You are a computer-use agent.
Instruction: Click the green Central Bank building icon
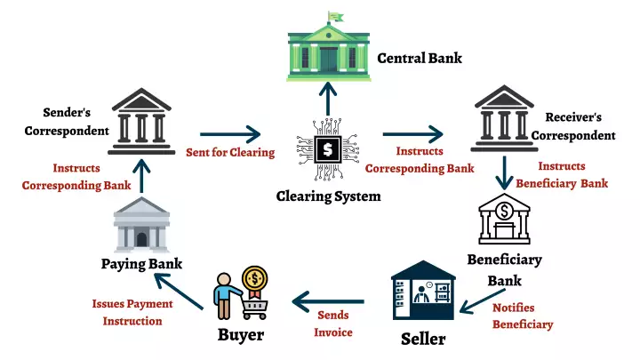pos(329,51)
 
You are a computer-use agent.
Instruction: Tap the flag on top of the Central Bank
pos(336,16)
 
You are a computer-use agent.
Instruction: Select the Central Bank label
pos(420,59)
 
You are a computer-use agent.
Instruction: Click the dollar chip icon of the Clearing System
pos(328,149)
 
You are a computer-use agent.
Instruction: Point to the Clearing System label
pos(329,196)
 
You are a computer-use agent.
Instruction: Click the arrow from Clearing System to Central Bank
pos(328,100)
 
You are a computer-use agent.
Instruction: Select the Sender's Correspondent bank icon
pos(141,122)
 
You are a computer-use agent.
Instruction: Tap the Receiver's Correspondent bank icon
pos(505,118)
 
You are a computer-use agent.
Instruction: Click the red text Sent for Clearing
pos(230,153)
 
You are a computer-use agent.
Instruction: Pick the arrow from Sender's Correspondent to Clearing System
pos(230,134)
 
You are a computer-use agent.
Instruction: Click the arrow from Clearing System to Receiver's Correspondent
pos(413,134)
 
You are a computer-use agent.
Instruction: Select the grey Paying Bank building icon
pos(141,225)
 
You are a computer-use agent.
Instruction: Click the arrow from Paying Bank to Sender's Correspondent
pos(141,176)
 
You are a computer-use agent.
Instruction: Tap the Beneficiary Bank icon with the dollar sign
pos(505,219)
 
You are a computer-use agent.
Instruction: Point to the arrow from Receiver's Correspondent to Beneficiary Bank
pos(505,173)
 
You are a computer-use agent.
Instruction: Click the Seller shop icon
pos(423,291)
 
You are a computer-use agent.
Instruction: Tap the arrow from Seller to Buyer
pos(328,302)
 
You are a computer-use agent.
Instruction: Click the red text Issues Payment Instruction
pos(132,313)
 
